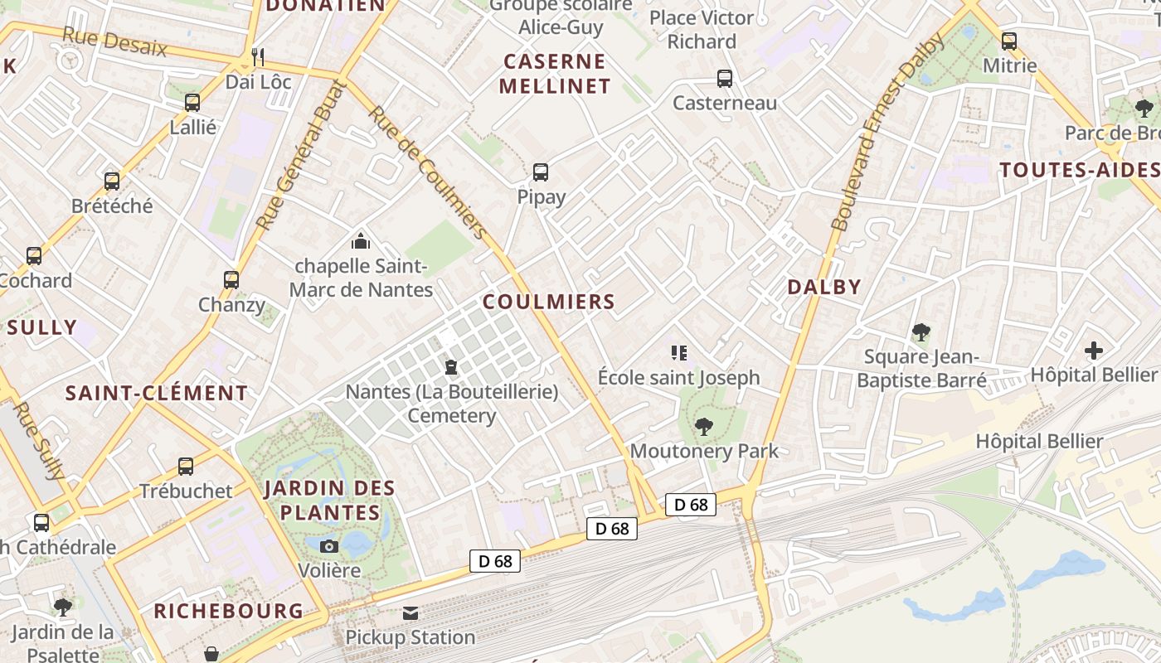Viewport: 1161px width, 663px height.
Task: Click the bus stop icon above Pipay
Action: pyautogui.click(x=541, y=172)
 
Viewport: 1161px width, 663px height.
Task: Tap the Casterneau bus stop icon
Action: pyautogui.click(x=725, y=79)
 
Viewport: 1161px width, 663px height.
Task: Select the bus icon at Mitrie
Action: pyautogui.click(x=1009, y=41)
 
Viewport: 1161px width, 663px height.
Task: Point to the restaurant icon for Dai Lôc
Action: pyautogui.click(x=258, y=57)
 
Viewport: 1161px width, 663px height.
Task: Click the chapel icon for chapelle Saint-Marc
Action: pyautogui.click(x=361, y=241)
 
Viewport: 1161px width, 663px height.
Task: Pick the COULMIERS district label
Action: pyautogui.click(x=549, y=302)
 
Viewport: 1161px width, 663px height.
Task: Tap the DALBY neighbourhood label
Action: pyautogui.click(x=824, y=287)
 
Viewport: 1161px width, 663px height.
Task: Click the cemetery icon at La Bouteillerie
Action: pyautogui.click(x=451, y=366)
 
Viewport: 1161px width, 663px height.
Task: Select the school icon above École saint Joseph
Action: pyautogui.click(x=679, y=353)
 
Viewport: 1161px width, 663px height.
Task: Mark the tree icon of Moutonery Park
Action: pyautogui.click(x=704, y=427)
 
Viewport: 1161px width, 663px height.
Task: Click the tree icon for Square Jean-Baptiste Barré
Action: pyautogui.click(x=921, y=332)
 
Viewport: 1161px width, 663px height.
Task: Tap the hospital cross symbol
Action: pyautogui.click(x=1094, y=351)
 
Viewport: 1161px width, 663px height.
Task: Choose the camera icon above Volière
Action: pyautogui.click(x=329, y=546)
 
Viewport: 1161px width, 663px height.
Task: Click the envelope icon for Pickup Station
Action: pyautogui.click(x=410, y=613)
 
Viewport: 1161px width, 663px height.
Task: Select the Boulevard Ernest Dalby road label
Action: pyautogui.click(x=888, y=133)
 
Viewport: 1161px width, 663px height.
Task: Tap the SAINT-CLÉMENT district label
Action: pyautogui.click(x=157, y=393)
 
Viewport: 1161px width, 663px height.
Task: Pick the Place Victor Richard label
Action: pyautogui.click(x=702, y=29)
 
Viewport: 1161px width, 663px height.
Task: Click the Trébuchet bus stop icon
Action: pyautogui.click(x=186, y=467)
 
